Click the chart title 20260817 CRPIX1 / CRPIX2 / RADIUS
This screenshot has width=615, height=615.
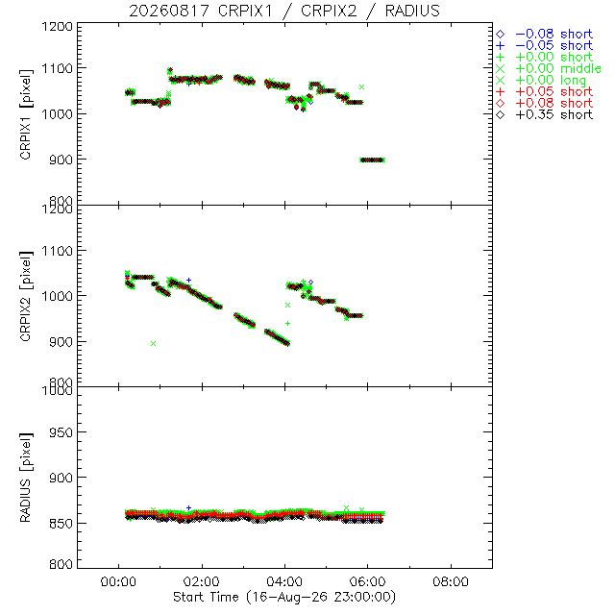[284, 11]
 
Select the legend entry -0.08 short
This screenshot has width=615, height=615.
[545, 35]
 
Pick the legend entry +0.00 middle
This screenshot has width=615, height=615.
[549, 68]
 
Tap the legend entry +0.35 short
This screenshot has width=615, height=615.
[545, 115]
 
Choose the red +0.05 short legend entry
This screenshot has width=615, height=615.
[545, 92]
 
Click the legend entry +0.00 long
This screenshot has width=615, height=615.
[541, 81]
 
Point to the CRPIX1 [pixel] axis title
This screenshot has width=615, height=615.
[26, 114]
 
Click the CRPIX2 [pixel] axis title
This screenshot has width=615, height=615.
[26, 296]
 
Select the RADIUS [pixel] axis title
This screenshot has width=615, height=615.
[26, 478]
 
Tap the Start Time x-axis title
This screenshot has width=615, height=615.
[284, 597]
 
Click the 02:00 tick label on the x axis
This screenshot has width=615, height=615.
[202, 581]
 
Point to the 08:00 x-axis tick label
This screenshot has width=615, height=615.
[451, 581]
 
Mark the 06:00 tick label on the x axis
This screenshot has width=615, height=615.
[367, 581]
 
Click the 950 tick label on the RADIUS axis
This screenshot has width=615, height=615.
[61, 432]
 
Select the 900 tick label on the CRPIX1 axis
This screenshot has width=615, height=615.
[61, 160]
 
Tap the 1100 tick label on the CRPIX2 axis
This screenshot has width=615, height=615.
[58, 251]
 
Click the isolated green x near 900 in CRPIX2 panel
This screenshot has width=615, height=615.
[154, 344]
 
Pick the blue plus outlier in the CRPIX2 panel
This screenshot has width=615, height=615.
[188, 280]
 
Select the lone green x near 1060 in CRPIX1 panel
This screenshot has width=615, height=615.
[361, 86]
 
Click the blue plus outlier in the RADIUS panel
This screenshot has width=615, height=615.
[188, 508]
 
